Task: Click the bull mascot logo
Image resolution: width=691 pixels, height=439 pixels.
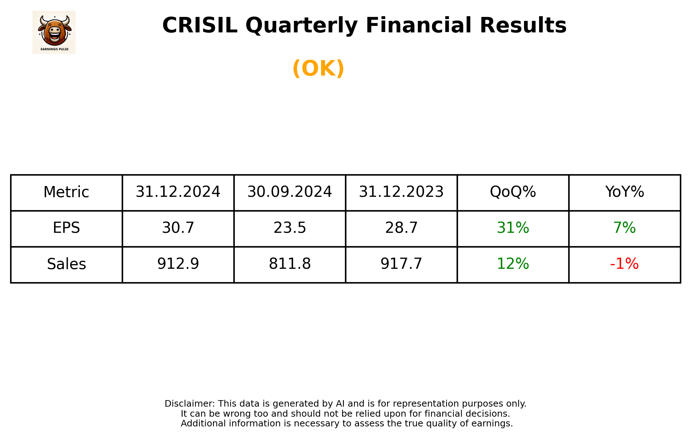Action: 54,32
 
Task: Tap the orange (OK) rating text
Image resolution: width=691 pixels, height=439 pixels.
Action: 318,68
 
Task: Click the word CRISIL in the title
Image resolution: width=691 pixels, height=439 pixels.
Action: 200,26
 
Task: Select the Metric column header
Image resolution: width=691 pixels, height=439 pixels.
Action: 66,192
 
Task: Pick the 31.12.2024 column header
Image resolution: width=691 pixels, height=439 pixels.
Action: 178,192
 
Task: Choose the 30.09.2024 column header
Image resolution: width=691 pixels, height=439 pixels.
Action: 290,192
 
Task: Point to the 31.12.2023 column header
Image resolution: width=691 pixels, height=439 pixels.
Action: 401,192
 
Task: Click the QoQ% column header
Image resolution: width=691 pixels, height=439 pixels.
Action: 513,192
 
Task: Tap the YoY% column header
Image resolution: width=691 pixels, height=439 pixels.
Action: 624,192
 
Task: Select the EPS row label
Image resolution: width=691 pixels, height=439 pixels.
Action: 66,228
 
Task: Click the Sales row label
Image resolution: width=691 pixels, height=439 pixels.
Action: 66,264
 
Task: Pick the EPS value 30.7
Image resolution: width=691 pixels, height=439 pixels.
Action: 178,228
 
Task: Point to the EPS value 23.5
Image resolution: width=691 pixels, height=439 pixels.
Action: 290,228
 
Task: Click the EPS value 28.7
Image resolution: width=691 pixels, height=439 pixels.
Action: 401,228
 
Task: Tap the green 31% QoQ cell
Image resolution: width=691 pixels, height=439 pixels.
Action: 513,228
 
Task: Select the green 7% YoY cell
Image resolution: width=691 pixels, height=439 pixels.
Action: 624,228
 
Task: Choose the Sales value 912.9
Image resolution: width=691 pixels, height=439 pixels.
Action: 178,264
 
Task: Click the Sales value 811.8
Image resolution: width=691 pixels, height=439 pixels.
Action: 290,264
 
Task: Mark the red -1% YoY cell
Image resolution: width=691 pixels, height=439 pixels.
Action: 624,264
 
